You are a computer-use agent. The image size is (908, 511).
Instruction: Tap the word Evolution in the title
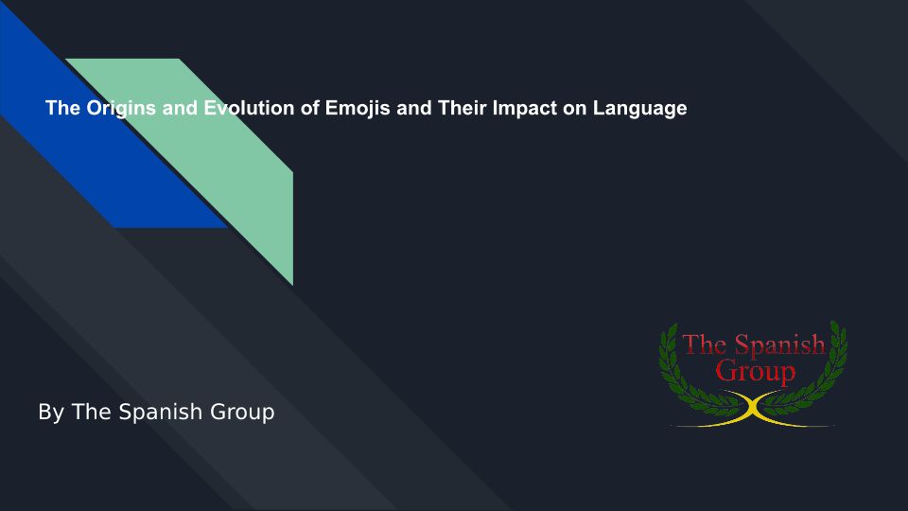tap(249, 108)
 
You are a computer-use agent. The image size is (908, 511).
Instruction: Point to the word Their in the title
tap(462, 108)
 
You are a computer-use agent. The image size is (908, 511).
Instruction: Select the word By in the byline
tap(50, 413)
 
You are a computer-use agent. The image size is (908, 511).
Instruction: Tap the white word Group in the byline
tap(241, 413)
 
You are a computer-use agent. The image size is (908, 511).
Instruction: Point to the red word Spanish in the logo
tap(780, 345)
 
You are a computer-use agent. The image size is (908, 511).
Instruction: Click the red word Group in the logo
tap(755, 372)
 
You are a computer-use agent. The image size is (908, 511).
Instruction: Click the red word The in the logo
tap(705, 344)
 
